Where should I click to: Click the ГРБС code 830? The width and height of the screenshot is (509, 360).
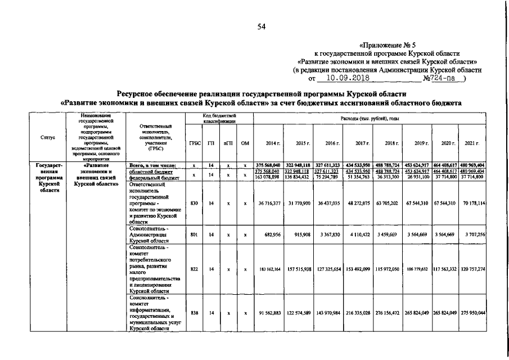tap(193, 202)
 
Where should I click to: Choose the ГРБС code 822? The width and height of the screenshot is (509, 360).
tap(193, 269)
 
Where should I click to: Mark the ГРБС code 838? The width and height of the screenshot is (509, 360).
tap(193, 313)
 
